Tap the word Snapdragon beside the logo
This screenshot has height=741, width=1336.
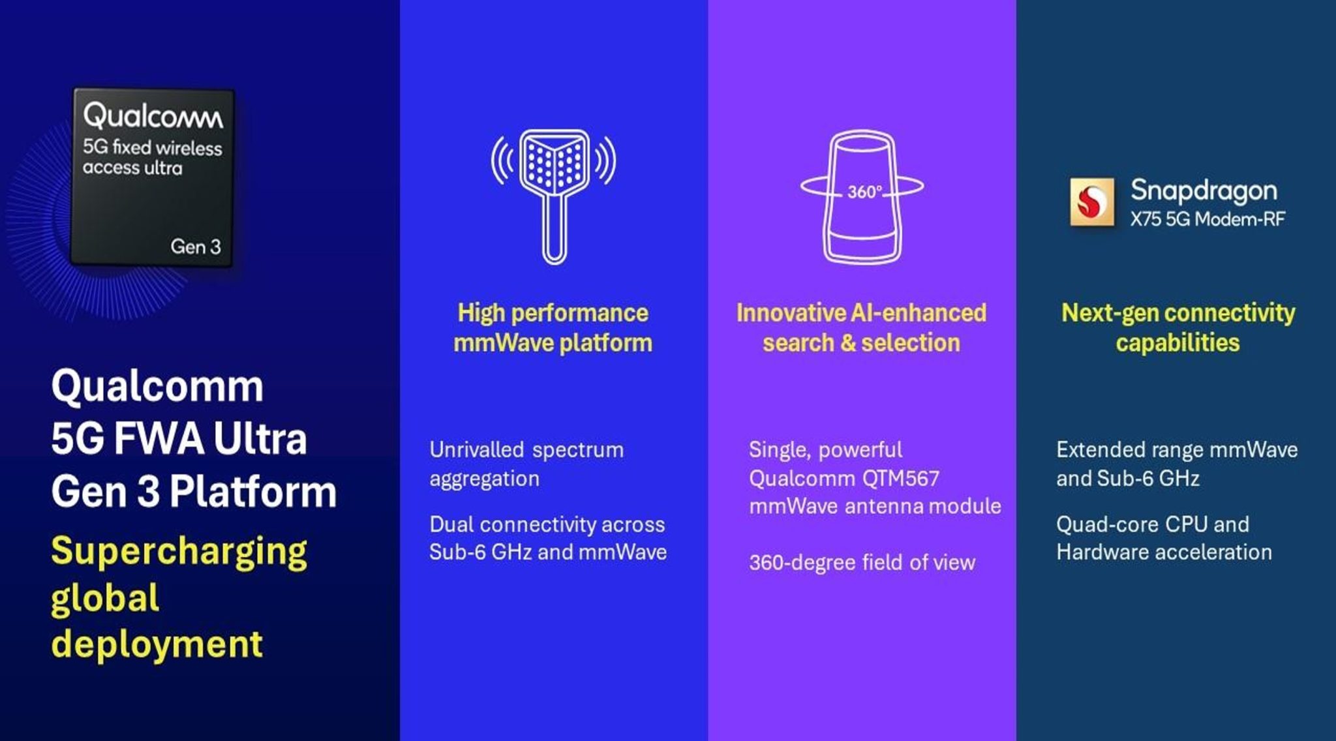pyautogui.click(x=1204, y=190)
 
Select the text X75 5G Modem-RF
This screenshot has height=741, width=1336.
pyautogui.click(x=1207, y=219)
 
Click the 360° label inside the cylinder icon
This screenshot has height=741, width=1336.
pyautogui.click(x=864, y=192)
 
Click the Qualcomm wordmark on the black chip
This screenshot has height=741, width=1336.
pyautogui.click(x=153, y=116)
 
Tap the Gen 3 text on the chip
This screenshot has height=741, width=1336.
pyautogui.click(x=195, y=247)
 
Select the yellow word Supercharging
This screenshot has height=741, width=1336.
pyautogui.click(x=179, y=551)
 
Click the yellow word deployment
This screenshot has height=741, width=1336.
pyautogui.click(x=157, y=644)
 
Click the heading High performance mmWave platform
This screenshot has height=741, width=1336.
pyautogui.click(x=553, y=327)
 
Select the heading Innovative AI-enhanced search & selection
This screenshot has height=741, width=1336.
pyautogui.click(x=861, y=327)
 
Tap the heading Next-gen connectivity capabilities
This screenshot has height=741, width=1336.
pyautogui.click(x=1177, y=327)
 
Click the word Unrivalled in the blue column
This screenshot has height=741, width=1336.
pyautogui.click(x=476, y=449)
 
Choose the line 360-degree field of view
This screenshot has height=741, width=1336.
pyautogui.click(x=862, y=562)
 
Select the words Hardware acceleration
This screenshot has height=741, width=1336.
pyautogui.click(x=1164, y=552)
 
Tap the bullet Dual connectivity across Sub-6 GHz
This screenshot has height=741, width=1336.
pyautogui.click(x=547, y=538)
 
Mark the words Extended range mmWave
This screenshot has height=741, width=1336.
pyautogui.click(x=1177, y=449)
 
